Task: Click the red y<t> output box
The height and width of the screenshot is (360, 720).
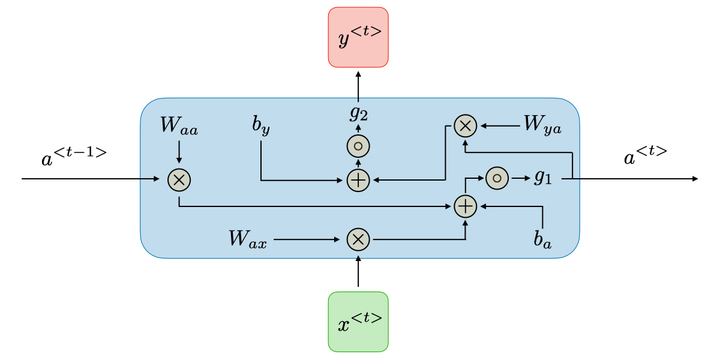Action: [x=358, y=37]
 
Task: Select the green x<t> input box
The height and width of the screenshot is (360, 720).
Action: [x=358, y=322]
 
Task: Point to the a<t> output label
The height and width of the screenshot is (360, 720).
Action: [x=645, y=156]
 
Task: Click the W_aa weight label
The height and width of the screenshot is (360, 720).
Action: [x=179, y=126]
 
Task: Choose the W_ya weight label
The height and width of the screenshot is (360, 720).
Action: [x=542, y=125]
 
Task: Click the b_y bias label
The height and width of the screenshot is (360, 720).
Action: [x=260, y=128]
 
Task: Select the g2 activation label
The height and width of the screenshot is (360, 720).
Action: [x=358, y=113]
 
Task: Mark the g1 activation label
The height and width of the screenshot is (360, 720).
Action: [x=542, y=178]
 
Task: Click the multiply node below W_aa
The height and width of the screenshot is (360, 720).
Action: [x=178, y=179]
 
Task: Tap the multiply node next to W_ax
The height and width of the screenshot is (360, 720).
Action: [x=358, y=239]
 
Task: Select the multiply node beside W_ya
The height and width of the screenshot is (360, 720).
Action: [x=465, y=126]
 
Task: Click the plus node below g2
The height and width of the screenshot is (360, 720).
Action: [x=358, y=179]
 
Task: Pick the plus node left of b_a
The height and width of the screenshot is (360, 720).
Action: [x=465, y=206]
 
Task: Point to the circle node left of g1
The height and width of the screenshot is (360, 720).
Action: [x=497, y=178]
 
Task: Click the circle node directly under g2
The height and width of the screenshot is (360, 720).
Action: [x=358, y=146]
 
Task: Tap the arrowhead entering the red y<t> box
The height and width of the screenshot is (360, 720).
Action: [x=358, y=73]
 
